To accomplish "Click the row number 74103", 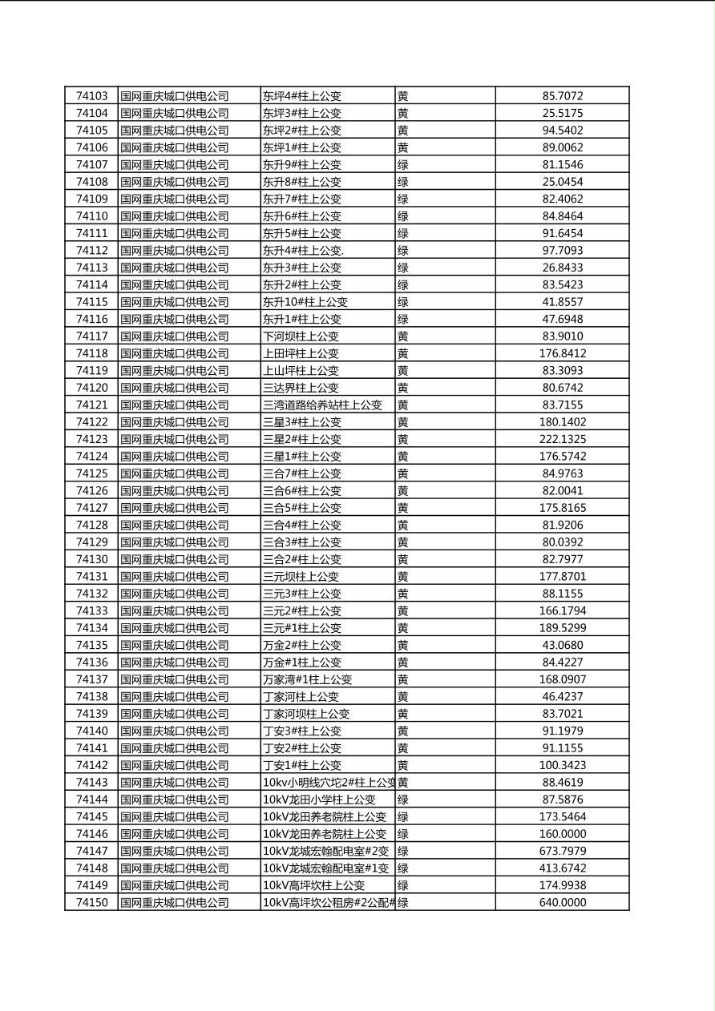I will click(x=91, y=96).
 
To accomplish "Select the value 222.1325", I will click(x=562, y=439).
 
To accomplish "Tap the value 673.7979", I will click(x=562, y=851).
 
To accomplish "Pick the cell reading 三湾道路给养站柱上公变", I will click(x=322, y=405).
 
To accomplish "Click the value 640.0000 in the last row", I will click(x=562, y=903).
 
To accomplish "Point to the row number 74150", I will click(x=91, y=903).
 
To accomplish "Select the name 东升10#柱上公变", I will click(x=305, y=302).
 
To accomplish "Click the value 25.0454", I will click(x=562, y=182).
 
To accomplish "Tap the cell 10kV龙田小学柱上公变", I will click(x=318, y=800).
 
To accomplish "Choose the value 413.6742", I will click(x=562, y=868).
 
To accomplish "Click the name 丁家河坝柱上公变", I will click(x=305, y=714).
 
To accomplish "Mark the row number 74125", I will click(x=91, y=473).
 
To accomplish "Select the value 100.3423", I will click(x=562, y=765).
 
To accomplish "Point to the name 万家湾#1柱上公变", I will click(x=307, y=679).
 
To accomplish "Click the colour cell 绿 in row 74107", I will click(x=403, y=165).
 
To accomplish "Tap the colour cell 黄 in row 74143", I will click(x=403, y=783).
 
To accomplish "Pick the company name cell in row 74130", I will click(x=174, y=559).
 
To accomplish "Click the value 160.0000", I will click(x=562, y=834).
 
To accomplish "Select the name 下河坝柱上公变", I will click(x=301, y=336).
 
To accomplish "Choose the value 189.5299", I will click(x=562, y=628).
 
